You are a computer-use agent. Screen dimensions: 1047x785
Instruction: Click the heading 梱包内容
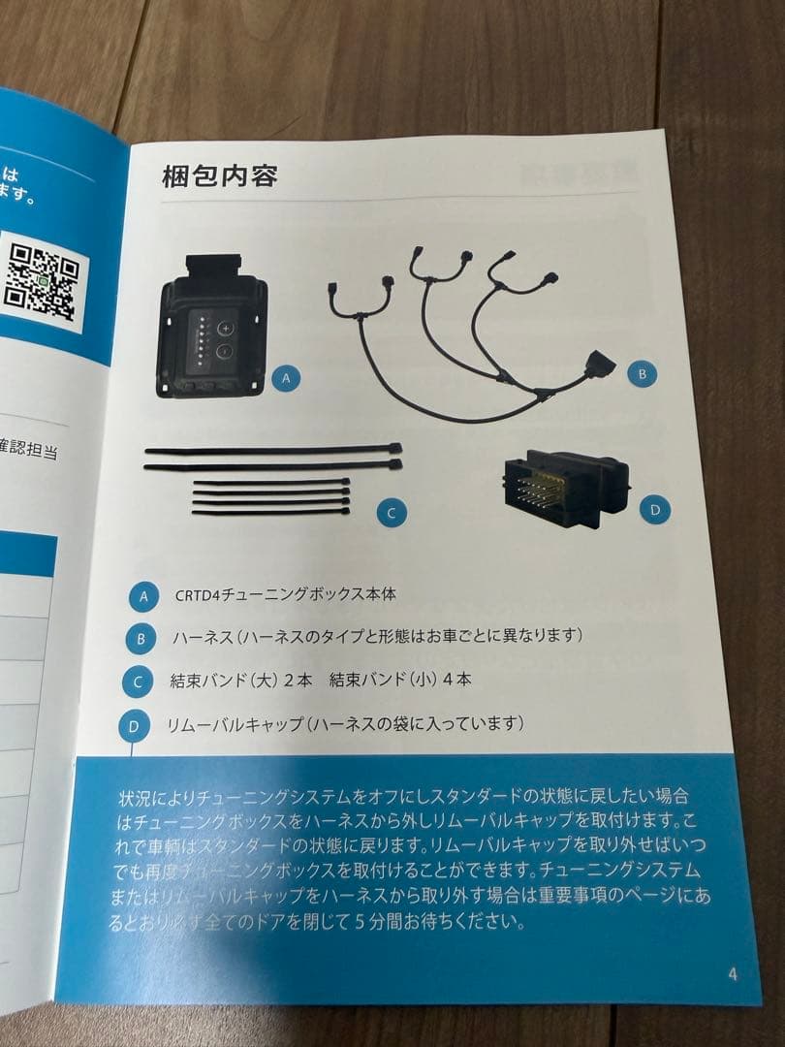(220, 177)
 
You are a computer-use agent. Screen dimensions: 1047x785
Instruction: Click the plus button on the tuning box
(225, 327)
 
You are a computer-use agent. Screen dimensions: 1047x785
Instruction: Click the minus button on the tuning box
(225, 352)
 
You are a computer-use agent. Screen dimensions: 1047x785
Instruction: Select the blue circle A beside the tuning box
(285, 379)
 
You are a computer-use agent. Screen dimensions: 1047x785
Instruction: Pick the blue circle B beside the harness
(641, 372)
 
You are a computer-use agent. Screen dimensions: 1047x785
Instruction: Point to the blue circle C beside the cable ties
(391, 513)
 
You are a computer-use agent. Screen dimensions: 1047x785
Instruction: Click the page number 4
(732, 973)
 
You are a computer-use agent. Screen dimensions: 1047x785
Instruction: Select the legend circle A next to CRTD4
(143, 595)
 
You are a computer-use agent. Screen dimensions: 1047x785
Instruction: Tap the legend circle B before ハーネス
(141, 639)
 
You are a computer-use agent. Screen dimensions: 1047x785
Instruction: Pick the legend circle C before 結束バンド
(137, 682)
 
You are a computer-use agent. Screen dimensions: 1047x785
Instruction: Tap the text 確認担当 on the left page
(29, 453)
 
